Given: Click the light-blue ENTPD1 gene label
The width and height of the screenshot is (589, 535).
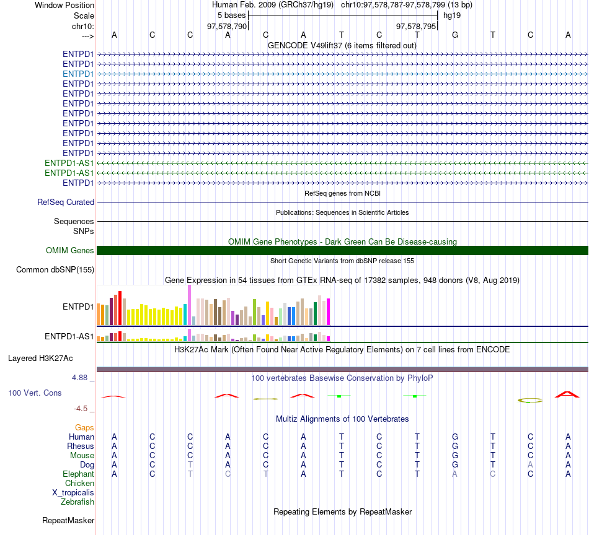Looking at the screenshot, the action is [78, 74].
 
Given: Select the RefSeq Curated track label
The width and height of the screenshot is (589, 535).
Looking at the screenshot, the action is [66, 202].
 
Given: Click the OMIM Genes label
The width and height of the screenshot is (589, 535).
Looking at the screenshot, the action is [70, 251].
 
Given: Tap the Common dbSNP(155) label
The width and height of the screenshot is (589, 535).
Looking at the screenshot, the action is [55, 270].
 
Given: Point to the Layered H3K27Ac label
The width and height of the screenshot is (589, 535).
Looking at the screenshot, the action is [40, 359].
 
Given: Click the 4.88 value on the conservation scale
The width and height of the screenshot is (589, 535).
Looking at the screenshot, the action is [79, 378].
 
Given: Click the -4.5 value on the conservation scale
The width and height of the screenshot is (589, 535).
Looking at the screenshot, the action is [81, 409].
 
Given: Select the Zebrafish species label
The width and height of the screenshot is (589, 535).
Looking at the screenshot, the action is [77, 502].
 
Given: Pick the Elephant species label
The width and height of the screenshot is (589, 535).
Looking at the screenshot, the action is [78, 474].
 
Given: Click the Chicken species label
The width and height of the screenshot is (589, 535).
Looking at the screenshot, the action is [79, 483].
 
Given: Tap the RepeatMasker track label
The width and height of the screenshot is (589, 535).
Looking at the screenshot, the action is [68, 520].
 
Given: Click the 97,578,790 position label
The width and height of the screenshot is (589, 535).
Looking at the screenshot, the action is [227, 27].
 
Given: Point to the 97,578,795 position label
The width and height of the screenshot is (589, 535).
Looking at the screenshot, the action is [416, 27].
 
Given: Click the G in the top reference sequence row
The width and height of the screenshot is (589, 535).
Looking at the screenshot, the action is [455, 35].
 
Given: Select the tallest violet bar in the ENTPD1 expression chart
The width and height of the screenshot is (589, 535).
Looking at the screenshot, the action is [189, 305].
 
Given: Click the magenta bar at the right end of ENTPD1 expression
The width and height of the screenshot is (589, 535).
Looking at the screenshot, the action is [329, 311].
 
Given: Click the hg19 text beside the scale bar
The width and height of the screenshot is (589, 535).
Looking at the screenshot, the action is [452, 15].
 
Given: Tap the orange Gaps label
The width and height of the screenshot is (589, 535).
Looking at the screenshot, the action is [84, 428].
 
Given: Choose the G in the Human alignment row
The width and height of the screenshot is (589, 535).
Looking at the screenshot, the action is [455, 437].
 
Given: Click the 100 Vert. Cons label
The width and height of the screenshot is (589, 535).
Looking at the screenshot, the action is [35, 393].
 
